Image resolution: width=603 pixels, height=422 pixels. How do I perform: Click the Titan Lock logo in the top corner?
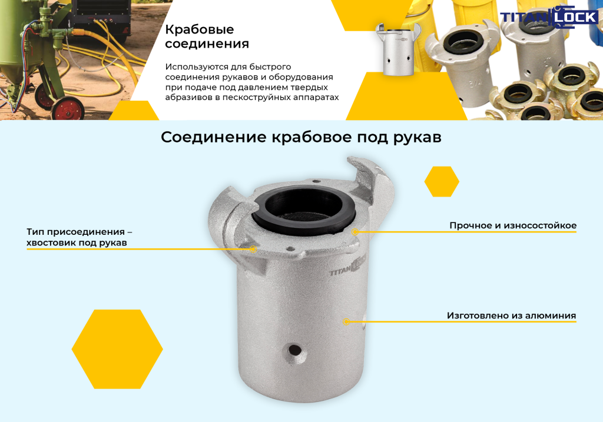549,17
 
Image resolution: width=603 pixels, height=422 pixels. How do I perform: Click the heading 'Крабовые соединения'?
207,36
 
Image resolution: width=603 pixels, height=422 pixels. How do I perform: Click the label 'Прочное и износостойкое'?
513,225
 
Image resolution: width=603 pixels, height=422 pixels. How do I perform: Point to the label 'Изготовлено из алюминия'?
512,315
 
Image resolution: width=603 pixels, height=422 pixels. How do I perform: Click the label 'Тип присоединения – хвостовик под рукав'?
79,237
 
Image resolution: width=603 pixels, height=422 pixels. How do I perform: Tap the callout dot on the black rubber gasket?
355,232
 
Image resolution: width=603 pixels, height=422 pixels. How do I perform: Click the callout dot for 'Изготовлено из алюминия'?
346,322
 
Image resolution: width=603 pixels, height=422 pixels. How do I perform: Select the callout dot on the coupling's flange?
253,249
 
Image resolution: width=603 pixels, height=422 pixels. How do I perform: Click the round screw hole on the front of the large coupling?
294,350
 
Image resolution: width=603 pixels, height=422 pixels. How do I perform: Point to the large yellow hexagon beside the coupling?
117,349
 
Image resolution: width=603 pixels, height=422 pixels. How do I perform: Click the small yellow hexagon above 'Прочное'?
442,181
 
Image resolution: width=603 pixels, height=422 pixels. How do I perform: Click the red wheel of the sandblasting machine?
68,109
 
